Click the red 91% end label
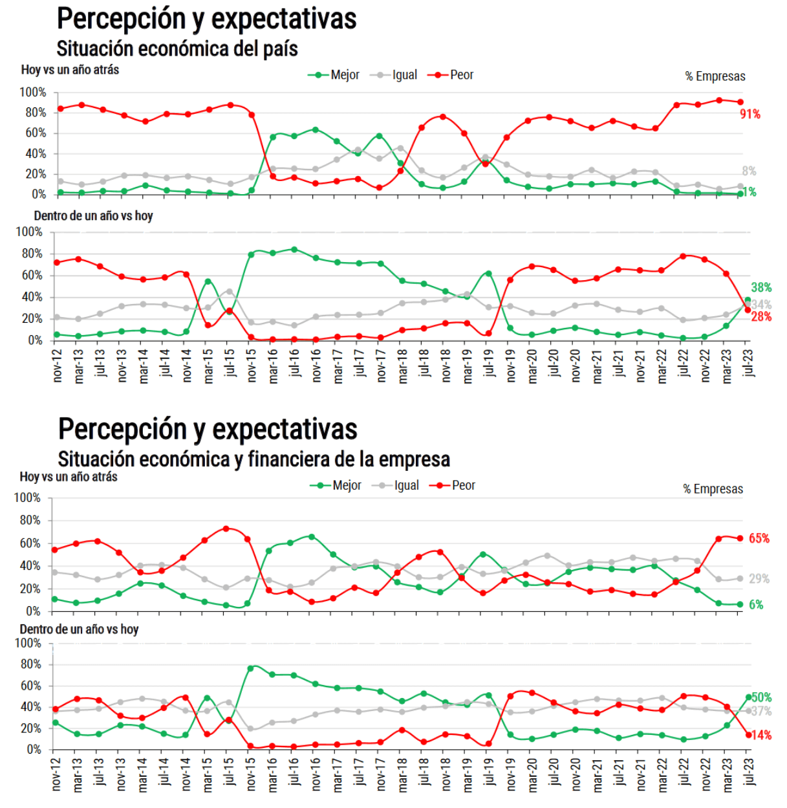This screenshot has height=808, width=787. [x=750, y=115]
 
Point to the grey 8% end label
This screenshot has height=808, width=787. [x=749, y=171]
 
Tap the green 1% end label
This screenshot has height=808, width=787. [x=750, y=192]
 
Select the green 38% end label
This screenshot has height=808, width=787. [x=761, y=287]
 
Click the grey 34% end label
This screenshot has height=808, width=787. [x=762, y=304]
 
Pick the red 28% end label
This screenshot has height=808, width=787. [x=761, y=317]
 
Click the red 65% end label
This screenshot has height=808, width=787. [x=759, y=538]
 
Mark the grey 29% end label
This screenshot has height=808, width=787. [x=759, y=579]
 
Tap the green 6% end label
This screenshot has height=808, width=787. [x=756, y=605]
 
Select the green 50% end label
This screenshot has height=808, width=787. [x=762, y=697]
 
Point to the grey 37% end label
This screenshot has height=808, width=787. [x=762, y=711]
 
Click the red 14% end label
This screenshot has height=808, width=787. [x=761, y=736]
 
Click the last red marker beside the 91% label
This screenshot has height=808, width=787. [x=740, y=102]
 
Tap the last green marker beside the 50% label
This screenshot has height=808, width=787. [x=749, y=697]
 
